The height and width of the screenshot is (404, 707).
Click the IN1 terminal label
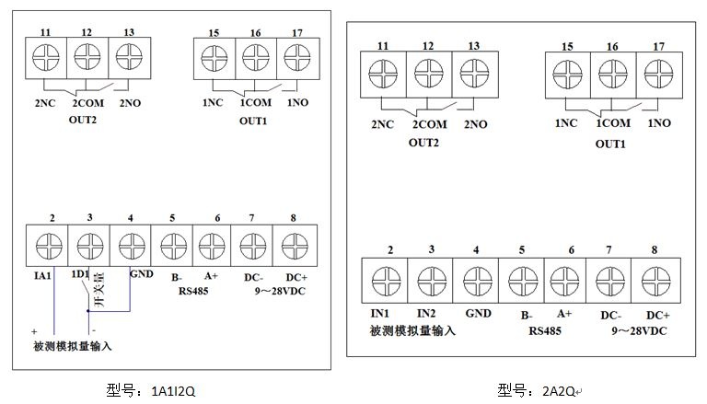pos(380,314)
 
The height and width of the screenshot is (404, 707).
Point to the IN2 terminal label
pos(424,314)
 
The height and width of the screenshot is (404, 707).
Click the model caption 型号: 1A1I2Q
pos(152,390)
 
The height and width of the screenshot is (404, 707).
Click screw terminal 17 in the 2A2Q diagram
pos(658,72)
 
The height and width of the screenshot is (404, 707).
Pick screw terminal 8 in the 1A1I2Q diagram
pos(293,247)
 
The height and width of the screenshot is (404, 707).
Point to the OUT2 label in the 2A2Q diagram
pos(423,142)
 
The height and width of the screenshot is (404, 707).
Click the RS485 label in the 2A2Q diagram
pos(546,330)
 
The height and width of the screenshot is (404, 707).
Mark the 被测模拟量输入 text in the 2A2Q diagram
pos(412,330)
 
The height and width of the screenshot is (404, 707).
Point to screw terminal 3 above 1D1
pos(89,247)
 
